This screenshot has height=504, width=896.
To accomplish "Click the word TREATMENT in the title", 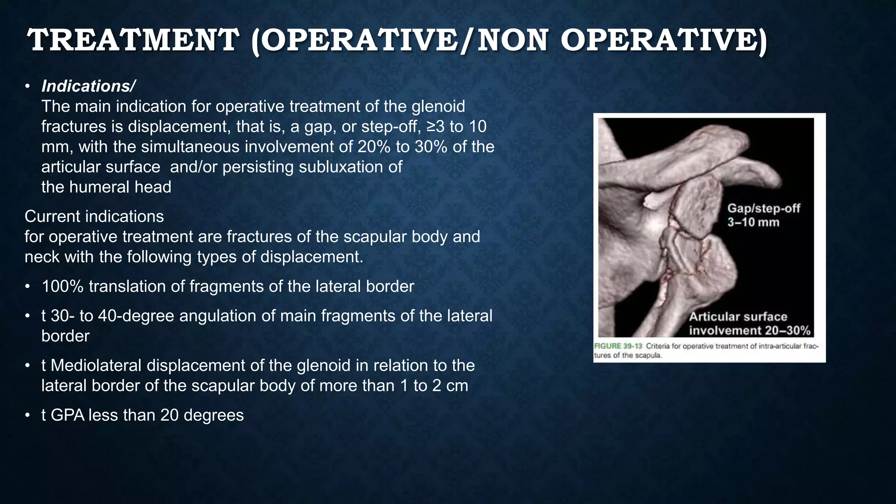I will (x=133, y=40).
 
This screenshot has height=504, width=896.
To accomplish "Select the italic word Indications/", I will (x=88, y=86).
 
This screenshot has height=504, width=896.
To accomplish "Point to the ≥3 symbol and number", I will (x=435, y=126).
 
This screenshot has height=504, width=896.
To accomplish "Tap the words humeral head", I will (x=120, y=187).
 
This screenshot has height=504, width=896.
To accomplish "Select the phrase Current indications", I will (x=94, y=216).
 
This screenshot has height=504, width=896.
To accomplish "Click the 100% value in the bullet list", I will (x=63, y=286).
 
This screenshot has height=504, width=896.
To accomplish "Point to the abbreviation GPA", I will (x=68, y=415).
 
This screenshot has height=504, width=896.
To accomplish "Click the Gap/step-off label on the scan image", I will (x=763, y=208).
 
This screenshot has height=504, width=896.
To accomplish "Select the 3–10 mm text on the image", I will (x=753, y=222).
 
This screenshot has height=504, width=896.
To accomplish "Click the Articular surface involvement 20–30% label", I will (x=749, y=323).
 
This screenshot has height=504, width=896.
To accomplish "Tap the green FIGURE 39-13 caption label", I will (x=618, y=346).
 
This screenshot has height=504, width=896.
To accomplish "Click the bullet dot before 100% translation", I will (x=28, y=287).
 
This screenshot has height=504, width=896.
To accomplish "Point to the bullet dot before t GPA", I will (x=28, y=415).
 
